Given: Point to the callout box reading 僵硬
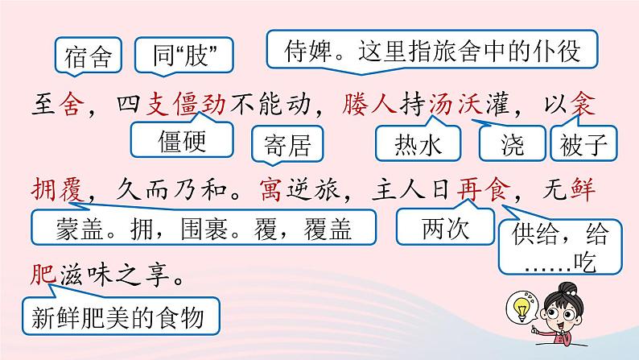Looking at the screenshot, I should point(178,141).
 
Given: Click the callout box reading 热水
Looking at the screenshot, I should point(420,145).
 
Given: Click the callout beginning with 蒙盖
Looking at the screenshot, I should point(204,228).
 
